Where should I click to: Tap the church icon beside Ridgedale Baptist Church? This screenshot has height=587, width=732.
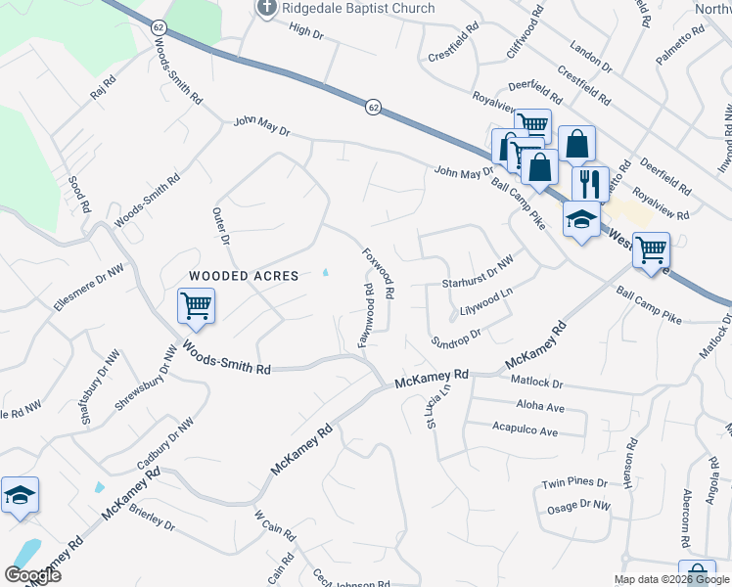coord(265,8)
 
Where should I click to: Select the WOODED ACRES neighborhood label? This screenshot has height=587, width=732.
coord(244,276)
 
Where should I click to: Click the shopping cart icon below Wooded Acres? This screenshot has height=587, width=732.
coord(196,305)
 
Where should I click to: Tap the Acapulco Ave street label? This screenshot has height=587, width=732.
coord(525,430)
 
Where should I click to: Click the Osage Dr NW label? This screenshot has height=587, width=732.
coord(577,506)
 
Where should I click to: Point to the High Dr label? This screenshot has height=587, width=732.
coord(305,31)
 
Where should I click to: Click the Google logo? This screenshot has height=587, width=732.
coord(32,575)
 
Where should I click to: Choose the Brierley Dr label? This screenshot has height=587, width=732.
coord(151,519)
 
